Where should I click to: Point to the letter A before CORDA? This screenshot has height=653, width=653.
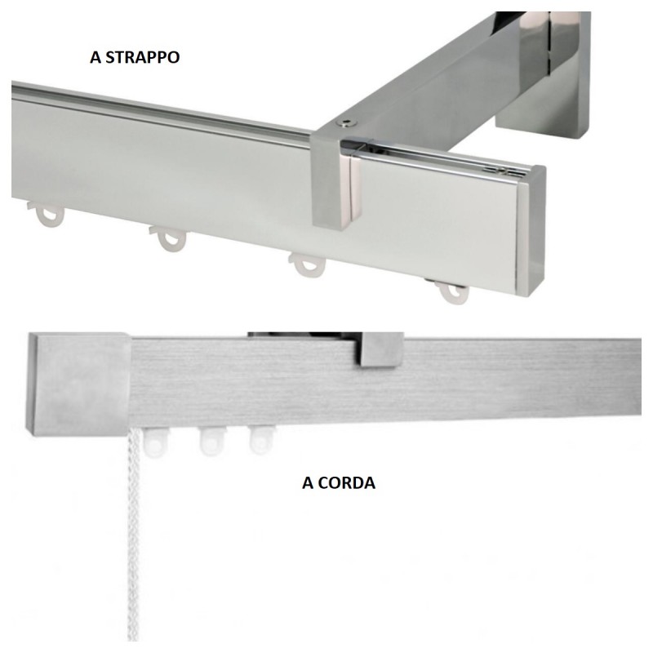point(308,482)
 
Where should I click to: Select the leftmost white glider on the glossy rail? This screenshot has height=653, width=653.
point(48,214)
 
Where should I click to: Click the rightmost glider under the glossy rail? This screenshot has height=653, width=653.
point(451,291)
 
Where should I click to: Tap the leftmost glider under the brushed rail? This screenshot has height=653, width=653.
point(153,442)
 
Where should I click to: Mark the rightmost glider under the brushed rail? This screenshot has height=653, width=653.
point(259,440)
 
